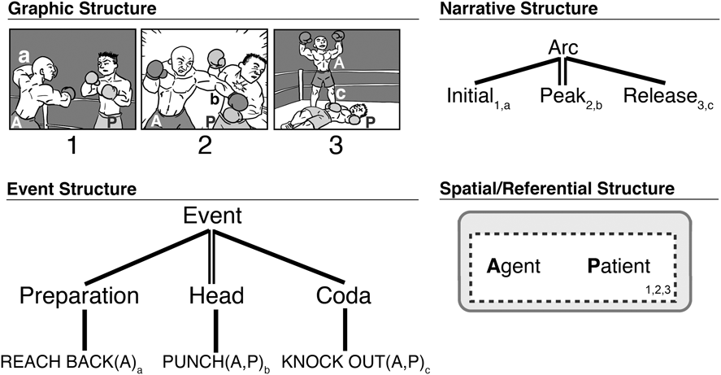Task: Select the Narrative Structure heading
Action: [x=518, y=9]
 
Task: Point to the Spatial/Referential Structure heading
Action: [x=556, y=190]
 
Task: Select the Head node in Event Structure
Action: [x=215, y=295]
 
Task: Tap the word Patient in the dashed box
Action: [x=618, y=266]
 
